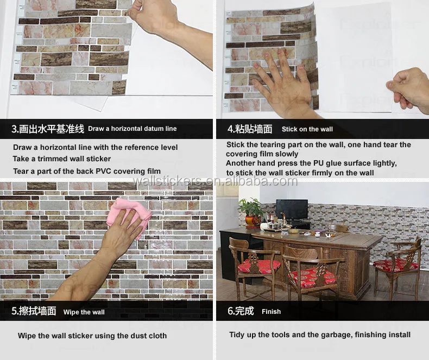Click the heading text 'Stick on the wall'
click(x=307, y=129)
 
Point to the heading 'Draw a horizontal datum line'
click(x=133, y=129)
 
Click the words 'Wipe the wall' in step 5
click(x=84, y=312)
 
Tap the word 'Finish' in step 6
click(x=271, y=312)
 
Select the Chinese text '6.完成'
click(x=241, y=311)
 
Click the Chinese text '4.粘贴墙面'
click(x=250, y=129)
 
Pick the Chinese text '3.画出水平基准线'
click(x=48, y=129)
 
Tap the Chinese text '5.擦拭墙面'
click(x=34, y=311)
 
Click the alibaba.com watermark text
click(x=215, y=181)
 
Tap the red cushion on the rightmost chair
click(x=396, y=265)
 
